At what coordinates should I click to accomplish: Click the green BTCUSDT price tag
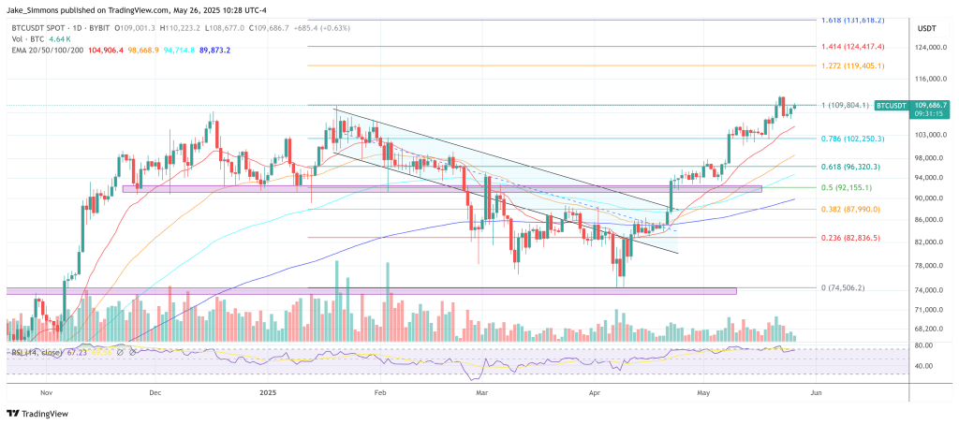(896, 106)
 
